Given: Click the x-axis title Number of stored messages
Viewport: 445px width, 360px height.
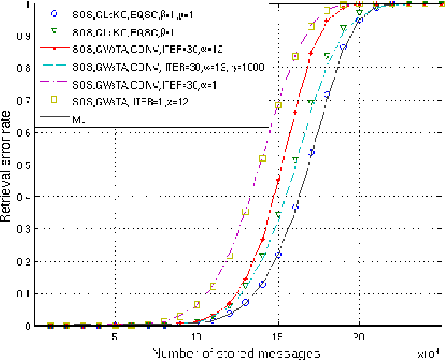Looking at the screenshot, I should (235, 353).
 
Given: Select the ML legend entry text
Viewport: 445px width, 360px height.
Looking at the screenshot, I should (79, 119).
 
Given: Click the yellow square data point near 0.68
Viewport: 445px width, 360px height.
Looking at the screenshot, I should (279, 105).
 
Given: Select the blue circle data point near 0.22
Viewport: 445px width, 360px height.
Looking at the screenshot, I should (278, 255).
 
